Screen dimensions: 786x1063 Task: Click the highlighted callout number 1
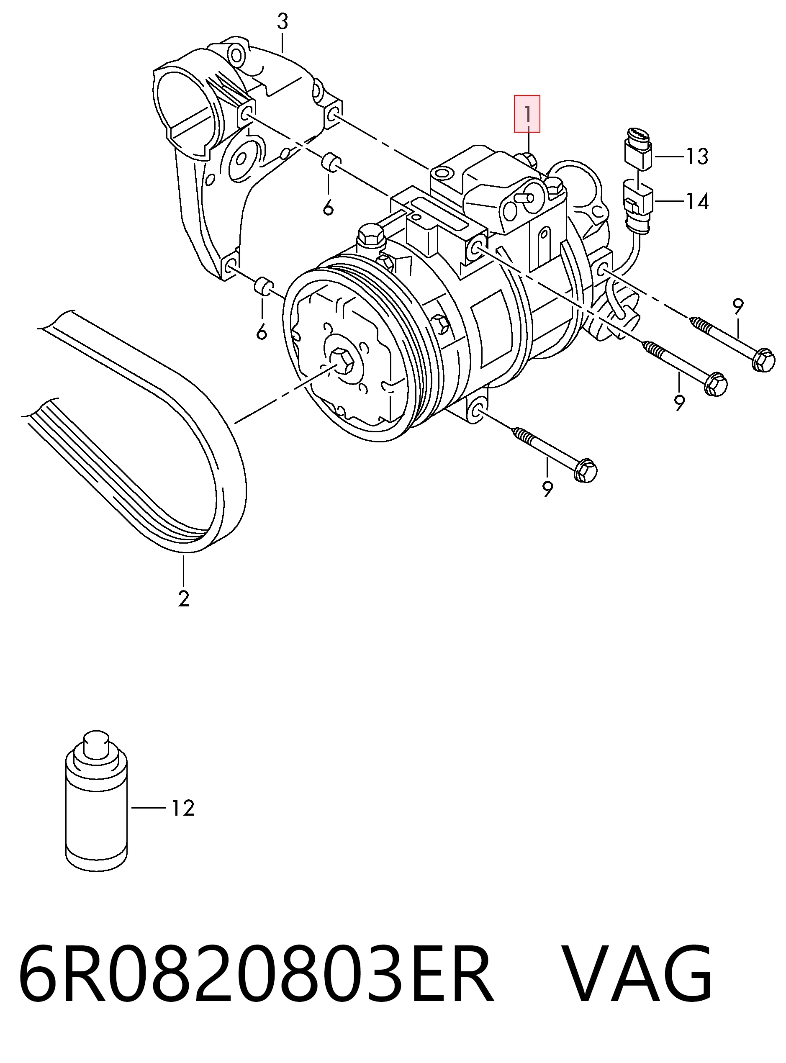pyautogui.click(x=527, y=114)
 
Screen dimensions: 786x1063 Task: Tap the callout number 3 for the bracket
pyautogui.click(x=283, y=21)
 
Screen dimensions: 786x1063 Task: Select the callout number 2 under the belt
pyautogui.click(x=184, y=598)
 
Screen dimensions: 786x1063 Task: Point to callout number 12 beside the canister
pyautogui.click(x=183, y=808)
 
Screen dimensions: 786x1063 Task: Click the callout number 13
pyautogui.click(x=697, y=157)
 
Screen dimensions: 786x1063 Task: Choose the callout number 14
pyautogui.click(x=697, y=201)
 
